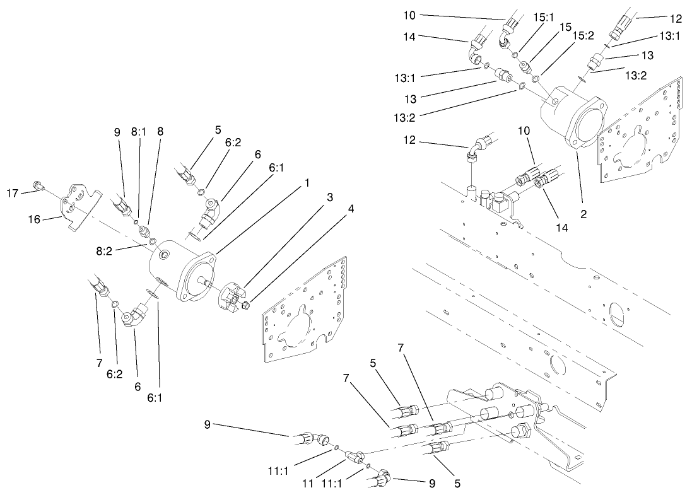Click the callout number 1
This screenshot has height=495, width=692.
click(x=307, y=182)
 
